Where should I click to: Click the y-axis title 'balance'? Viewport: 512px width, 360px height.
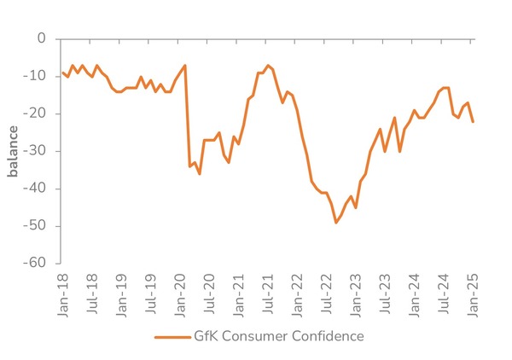[x=13, y=151]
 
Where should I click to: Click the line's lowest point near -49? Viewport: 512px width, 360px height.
[x=336, y=222]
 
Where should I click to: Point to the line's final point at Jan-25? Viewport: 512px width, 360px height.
[x=473, y=121]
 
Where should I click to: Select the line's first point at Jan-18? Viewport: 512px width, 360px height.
[x=63, y=73]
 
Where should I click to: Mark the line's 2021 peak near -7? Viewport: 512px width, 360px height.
[x=268, y=65]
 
